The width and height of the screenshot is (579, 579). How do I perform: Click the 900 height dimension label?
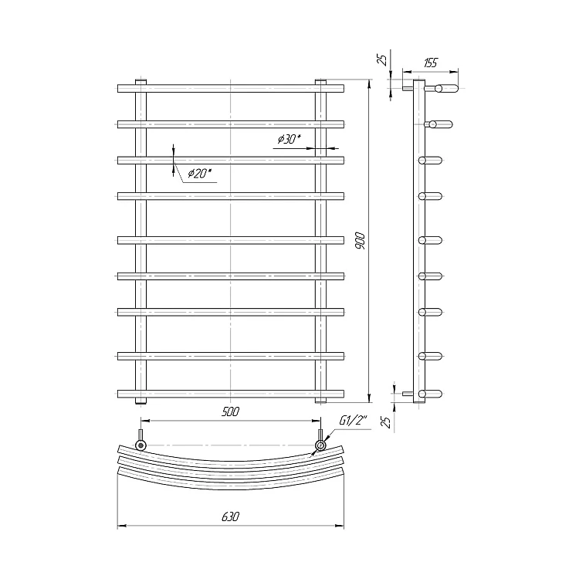(x=360, y=241)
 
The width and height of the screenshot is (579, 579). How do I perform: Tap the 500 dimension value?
(x=230, y=411)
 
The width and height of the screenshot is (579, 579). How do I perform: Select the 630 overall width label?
(x=230, y=516)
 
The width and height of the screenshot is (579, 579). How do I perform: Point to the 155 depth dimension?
(x=430, y=63)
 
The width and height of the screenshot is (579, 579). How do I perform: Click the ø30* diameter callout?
(x=289, y=139)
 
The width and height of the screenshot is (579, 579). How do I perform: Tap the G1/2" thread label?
(x=354, y=421)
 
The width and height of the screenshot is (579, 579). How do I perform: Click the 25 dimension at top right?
(x=384, y=59)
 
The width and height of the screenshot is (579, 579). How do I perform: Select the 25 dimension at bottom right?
(x=387, y=422)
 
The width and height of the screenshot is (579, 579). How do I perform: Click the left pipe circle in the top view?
(x=141, y=445)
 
